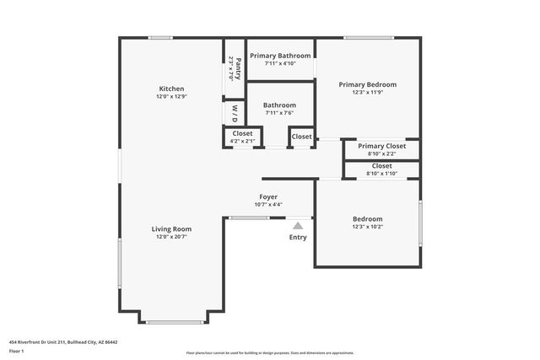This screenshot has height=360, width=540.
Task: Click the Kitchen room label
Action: tap(171, 89)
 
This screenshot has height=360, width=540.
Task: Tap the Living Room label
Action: tap(171, 228)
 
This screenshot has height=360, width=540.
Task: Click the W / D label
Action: tap(234, 111)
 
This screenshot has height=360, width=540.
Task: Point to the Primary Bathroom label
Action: tap(280, 56)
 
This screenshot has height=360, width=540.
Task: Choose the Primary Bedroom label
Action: tap(367, 84)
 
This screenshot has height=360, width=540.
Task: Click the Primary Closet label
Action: tap(381, 146)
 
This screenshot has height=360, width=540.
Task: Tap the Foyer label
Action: tap(267, 196)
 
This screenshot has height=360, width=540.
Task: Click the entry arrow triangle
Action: tap(298, 225)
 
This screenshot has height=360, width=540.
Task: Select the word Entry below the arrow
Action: tap(298, 237)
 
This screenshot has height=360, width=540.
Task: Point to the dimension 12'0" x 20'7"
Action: tap(171, 237)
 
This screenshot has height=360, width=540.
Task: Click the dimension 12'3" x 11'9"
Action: tap(367, 93)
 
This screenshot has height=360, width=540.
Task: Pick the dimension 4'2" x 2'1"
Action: tap(242, 141)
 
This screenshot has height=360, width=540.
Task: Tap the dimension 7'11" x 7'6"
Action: tap(279, 114)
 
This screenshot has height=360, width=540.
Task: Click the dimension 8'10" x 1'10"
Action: tap(381, 173)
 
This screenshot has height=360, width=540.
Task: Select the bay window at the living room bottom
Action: tap(173, 321)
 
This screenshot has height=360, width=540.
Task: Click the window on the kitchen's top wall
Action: tap(160, 37)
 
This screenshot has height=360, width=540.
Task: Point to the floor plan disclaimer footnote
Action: tap(270, 352)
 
